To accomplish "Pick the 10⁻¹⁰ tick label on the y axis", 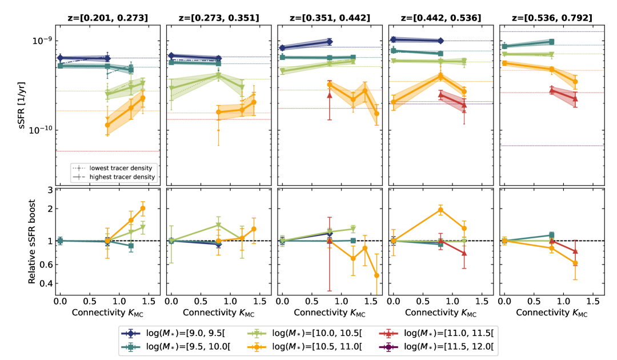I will tap(42, 130).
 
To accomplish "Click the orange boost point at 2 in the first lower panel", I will tap(143, 208).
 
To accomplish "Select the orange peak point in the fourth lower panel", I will tap(440, 210).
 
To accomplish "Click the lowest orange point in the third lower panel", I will tap(376, 275).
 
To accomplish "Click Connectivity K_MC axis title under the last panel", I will tap(551, 314).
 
